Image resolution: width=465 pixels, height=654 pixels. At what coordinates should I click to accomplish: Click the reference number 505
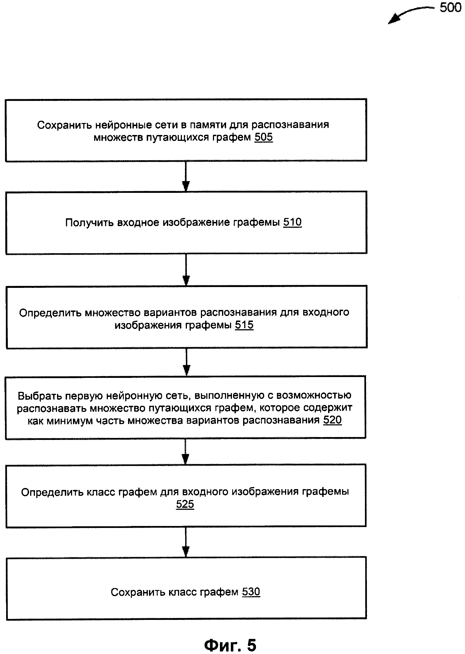264,137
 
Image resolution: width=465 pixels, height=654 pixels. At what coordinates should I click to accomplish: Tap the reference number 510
292,222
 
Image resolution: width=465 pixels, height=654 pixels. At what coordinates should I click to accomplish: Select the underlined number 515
244,325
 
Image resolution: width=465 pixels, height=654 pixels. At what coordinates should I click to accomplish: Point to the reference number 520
333,420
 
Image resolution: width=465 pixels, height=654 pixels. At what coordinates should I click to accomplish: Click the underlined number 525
185,504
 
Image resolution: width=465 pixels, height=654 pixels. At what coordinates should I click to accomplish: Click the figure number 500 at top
450,8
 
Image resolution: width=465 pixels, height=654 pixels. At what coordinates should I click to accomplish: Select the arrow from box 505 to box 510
186,176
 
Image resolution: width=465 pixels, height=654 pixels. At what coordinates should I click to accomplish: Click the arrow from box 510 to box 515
186,269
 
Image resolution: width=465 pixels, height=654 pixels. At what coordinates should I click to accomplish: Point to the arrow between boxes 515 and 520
186,362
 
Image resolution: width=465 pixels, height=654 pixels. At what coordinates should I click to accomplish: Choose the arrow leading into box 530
186,542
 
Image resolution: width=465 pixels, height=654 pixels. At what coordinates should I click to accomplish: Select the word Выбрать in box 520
39,396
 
